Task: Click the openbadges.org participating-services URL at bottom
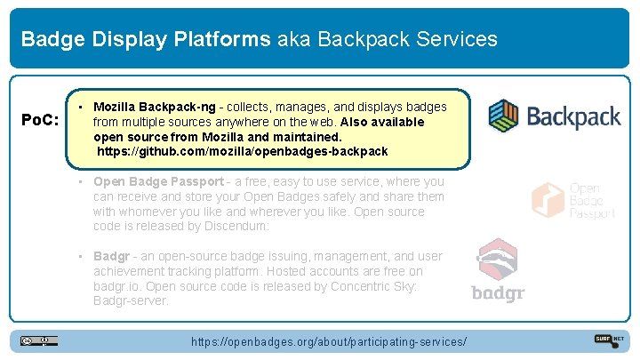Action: click(329, 342)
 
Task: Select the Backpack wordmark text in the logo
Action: click(573, 116)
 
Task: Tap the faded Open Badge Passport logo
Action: click(573, 201)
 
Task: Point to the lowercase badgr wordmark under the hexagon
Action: click(498, 294)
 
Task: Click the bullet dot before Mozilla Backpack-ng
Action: click(81, 106)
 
